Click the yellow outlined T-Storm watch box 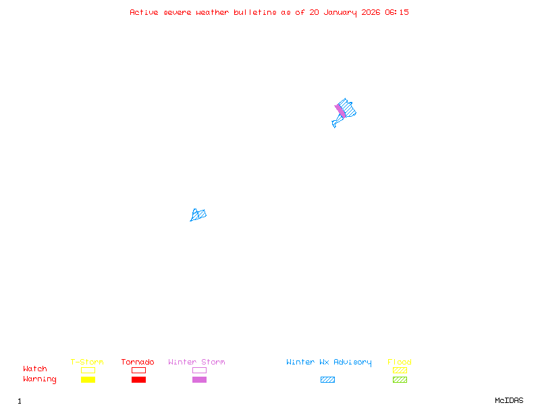(x=88, y=370)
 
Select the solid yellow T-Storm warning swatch (x=88, y=379)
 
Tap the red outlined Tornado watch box (x=138, y=370)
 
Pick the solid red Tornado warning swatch (x=138, y=379)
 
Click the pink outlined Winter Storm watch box (x=199, y=370)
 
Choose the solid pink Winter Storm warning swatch (x=199, y=379)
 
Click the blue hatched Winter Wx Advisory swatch (x=327, y=379)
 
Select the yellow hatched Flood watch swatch (x=400, y=370)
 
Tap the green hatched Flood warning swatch (x=400, y=379)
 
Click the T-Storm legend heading (x=87, y=362)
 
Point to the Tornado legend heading (x=138, y=362)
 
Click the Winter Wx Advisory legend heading (x=329, y=362)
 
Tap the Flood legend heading (x=400, y=362)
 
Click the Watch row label (x=35, y=369)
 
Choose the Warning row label (x=40, y=379)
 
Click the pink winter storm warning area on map (x=340, y=111)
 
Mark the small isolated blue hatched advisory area (x=198, y=215)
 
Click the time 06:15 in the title (x=397, y=12)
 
